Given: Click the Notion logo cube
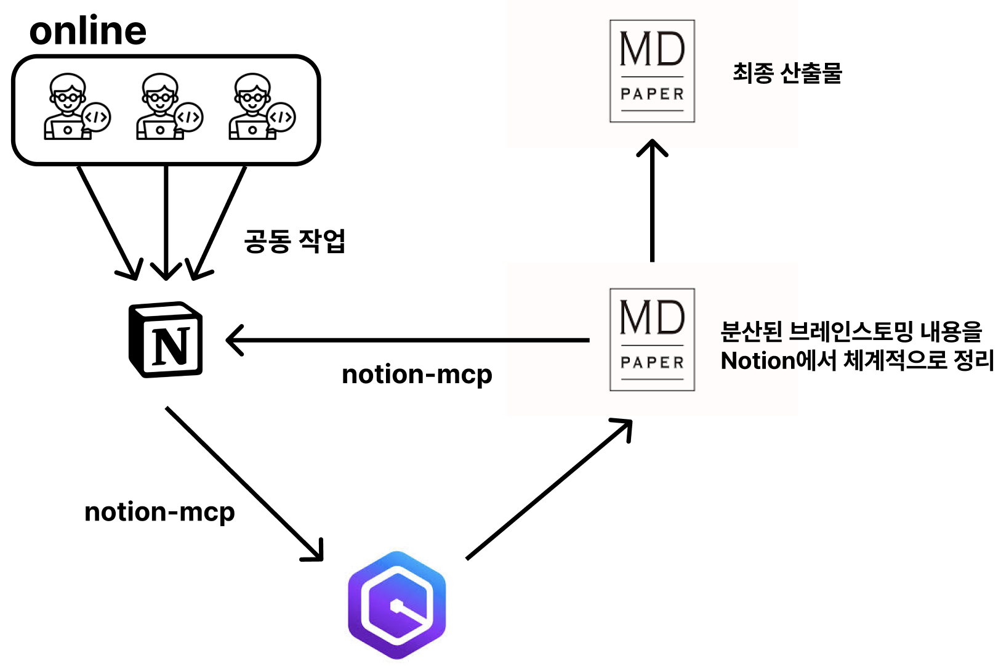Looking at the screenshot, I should (x=165, y=339).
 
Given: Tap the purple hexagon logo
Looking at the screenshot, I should (x=397, y=605).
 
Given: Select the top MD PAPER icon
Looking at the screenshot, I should (x=652, y=71).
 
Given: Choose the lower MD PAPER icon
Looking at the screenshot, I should (x=652, y=339).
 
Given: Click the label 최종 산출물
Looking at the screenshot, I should (x=787, y=73).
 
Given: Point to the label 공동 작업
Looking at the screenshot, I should (x=294, y=240).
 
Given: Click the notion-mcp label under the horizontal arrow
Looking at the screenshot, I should (x=417, y=375).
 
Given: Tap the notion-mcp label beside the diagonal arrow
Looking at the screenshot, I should (x=159, y=512).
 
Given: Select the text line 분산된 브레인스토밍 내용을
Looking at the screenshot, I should (x=851, y=332).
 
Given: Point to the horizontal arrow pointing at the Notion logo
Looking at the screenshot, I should (x=406, y=339).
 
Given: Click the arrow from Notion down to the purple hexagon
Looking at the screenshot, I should (x=244, y=483).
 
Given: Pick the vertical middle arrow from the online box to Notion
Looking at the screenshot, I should (x=166, y=222).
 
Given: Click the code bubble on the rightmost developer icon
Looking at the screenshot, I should (x=281, y=117).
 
